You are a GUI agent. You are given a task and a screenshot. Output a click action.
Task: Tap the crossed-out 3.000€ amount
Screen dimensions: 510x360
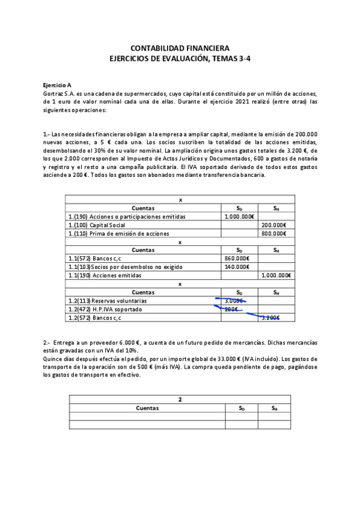[234, 300]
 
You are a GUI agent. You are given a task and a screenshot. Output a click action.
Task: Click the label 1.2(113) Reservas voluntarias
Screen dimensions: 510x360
[108, 300]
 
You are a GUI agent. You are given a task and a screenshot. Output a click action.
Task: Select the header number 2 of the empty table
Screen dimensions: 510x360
[180, 399]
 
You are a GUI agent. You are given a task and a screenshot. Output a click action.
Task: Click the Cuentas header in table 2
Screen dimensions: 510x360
[147, 407]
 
